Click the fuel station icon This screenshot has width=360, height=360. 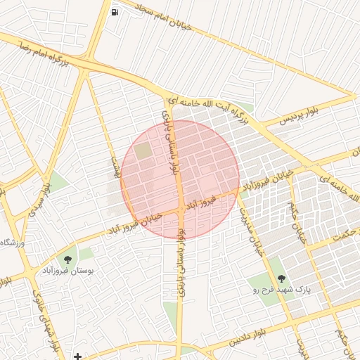[x=115, y=11]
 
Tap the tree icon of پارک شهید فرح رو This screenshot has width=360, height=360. [x=281, y=278]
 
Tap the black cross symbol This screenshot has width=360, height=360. [x=77, y=356]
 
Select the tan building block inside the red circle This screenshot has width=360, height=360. [x=143, y=150]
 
